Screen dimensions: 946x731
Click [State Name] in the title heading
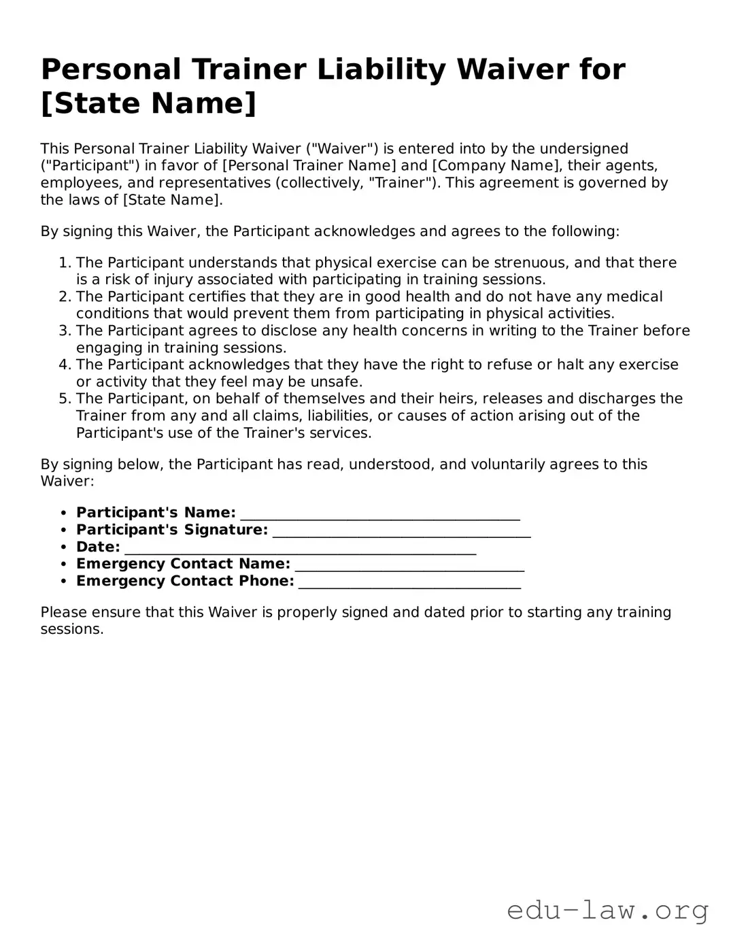tap(149, 103)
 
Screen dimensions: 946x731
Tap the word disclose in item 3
tap(290, 331)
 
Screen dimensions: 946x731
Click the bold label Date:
tap(98, 547)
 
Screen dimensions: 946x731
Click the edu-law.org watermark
tap(607, 910)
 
